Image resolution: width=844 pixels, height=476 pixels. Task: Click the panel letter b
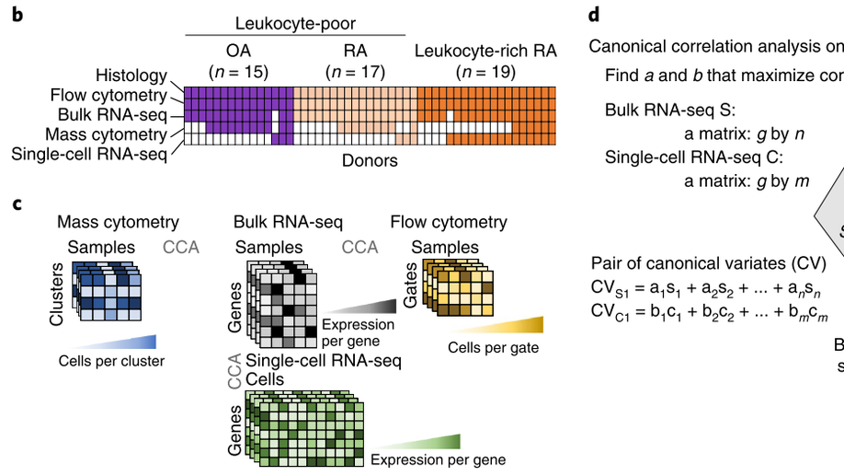pos(17,15)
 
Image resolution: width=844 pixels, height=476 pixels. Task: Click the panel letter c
pos(17,204)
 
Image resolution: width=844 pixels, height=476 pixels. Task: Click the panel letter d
pos(594,15)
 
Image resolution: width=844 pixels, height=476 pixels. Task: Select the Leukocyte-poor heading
pos(295,24)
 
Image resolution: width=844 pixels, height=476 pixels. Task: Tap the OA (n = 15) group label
pos(238,61)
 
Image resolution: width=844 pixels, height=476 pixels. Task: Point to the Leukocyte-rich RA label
pos(485,51)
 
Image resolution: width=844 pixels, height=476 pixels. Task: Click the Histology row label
pos(131,75)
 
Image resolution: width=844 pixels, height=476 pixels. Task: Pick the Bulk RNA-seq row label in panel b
pos(112,115)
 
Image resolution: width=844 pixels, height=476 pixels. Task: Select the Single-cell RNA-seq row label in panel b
pos(89,154)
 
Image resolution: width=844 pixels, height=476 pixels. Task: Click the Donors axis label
pos(370,160)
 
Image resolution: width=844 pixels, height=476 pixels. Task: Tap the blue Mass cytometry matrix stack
pos(107,291)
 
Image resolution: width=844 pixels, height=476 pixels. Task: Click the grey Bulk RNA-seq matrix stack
pos(282,305)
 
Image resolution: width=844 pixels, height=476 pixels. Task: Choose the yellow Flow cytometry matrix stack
pos(458,287)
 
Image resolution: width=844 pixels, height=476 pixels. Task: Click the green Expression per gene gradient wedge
pos(416,442)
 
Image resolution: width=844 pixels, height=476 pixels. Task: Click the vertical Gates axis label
pos(410,285)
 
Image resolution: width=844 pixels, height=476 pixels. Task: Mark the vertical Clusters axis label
pos(56,295)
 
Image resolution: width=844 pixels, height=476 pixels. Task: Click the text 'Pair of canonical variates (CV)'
pos(708,263)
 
